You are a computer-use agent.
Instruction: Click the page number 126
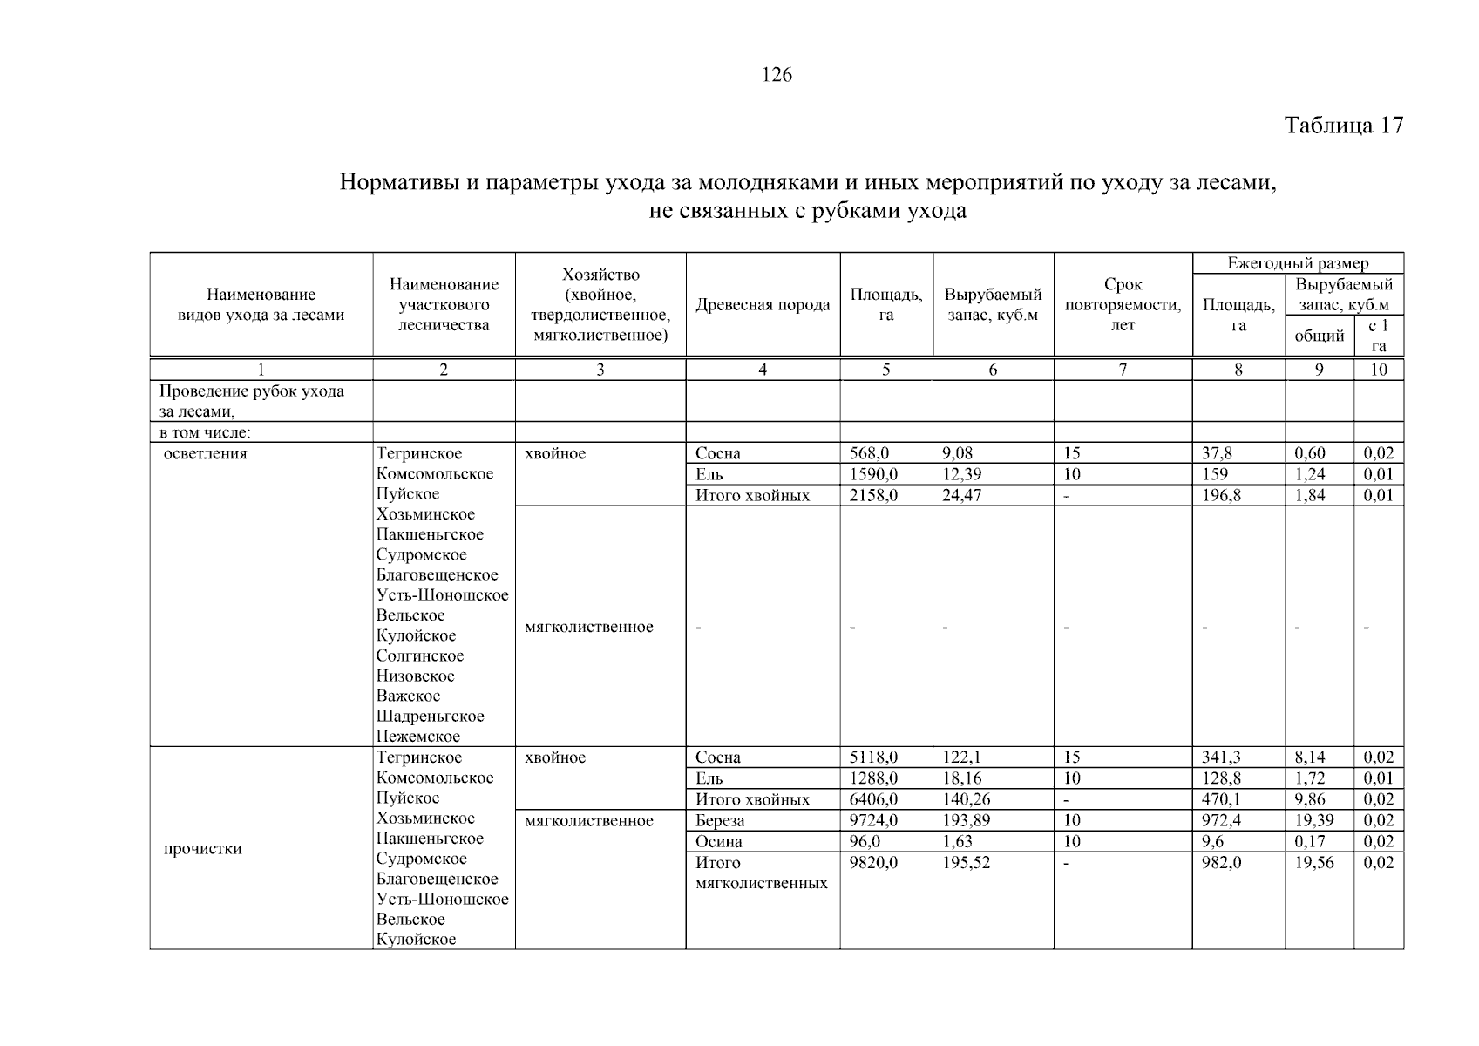[777, 75]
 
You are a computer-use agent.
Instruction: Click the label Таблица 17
[1343, 126]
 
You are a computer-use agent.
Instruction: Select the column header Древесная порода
[763, 305]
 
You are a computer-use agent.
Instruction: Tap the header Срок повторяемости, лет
[1123, 305]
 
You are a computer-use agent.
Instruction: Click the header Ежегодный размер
[1297, 263]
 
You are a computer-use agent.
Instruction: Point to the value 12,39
[962, 474]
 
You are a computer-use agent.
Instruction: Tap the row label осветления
[206, 453]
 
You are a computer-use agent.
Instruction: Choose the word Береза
[720, 820]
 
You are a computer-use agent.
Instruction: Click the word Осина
[719, 841]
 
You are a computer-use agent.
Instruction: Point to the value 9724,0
[873, 820]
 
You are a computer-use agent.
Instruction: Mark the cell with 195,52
[967, 862]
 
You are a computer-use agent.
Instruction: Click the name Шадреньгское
[430, 717]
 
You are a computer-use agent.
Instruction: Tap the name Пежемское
[418, 737]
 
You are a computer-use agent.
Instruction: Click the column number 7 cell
[1123, 370]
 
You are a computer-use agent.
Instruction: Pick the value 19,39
[1313, 820]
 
